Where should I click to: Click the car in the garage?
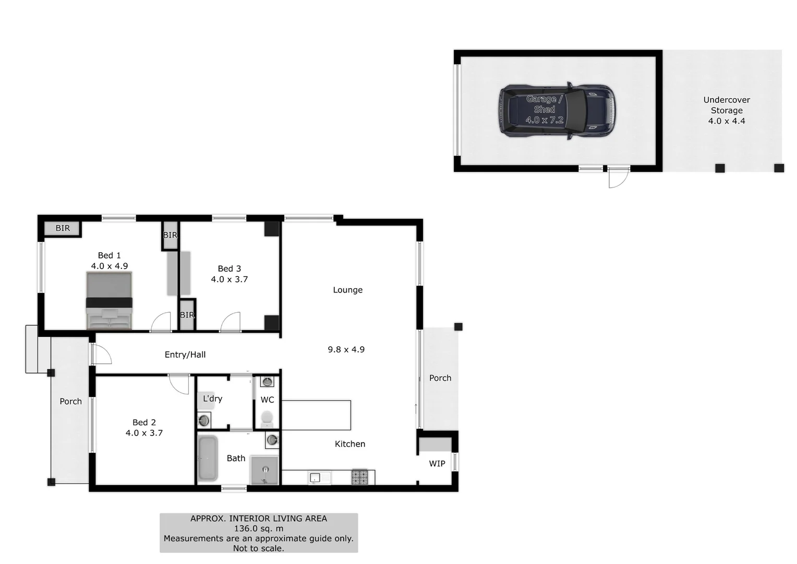(x=557, y=111)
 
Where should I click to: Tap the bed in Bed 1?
(x=109, y=301)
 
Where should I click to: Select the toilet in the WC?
(x=267, y=418)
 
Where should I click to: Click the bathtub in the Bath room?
(x=208, y=458)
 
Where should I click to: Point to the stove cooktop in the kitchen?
(x=359, y=477)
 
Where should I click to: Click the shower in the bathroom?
(x=264, y=470)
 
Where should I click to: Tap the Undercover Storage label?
(x=727, y=105)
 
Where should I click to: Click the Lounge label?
(x=348, y=290)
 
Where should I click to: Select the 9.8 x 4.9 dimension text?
(x=346, y=349)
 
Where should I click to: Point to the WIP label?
(x=437, y=463)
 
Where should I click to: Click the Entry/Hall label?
(x=185, y=355)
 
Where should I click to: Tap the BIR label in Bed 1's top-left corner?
(x=63, y=228)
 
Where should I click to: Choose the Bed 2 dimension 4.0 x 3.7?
(x=144, y=433)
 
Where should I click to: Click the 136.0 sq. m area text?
(x=259, y=528)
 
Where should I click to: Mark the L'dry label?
(x=212, y=398)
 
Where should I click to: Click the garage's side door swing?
(x=618, y=179)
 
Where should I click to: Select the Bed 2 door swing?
(x=179, y=384)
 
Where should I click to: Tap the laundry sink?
(x=204, y=420)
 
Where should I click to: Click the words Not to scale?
(x=259, y=548)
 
